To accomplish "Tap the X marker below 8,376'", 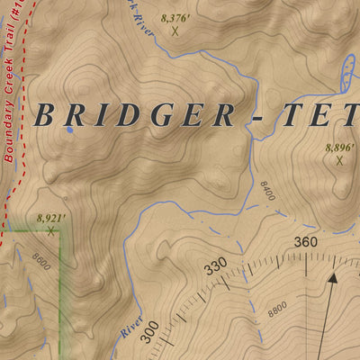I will pos(175,31).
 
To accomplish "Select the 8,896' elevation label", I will pos(340,147).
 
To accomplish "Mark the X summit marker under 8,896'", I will pos(339,161).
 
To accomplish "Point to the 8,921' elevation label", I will pos(52,217).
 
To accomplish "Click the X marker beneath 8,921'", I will pos(51,230).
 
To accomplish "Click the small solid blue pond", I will pos(68,130).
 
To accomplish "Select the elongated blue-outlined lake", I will pos(346,72).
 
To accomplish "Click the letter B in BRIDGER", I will pos(47,116).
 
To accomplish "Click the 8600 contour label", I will pos(39,260).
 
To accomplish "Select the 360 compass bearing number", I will pos(306,241).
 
